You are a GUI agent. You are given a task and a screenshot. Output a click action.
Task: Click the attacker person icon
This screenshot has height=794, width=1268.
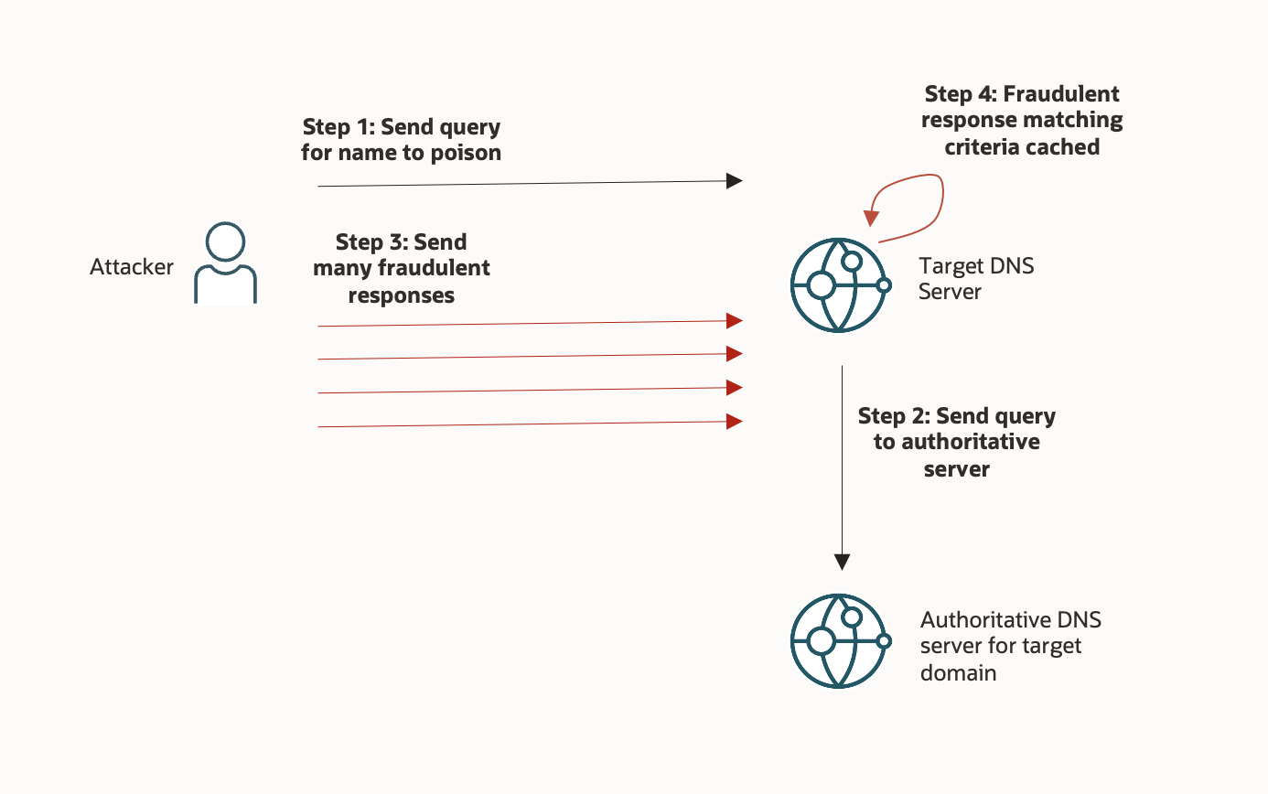click(x=225, y=263)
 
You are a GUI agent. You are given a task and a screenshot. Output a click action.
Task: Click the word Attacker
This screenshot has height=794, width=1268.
click(x=132, y=267)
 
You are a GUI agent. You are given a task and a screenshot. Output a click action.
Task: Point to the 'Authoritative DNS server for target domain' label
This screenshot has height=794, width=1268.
click(x=1010, y=646)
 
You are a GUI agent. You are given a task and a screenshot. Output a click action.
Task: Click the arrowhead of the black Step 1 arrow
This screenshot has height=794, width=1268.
click(x=734, y=181)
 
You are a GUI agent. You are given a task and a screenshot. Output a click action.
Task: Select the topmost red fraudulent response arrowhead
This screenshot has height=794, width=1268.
click(x=734, y=320)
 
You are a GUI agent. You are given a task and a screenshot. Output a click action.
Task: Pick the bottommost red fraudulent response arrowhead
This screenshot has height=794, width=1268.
click(x=734, y=421)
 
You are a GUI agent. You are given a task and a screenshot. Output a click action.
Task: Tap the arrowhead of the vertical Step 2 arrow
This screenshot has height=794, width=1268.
click(x=843, y=562)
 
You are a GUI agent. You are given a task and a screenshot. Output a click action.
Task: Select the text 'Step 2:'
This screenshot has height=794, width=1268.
click(x=895, y=416)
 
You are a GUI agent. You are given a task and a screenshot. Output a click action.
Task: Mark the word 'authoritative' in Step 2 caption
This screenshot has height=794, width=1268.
click(x=970, y=443)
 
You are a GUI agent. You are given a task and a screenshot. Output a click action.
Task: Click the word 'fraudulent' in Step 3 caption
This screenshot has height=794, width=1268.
click(x=434, y=269)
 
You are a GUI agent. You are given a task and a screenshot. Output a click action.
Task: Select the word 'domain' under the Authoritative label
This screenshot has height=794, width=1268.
click(x=958, y=673)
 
